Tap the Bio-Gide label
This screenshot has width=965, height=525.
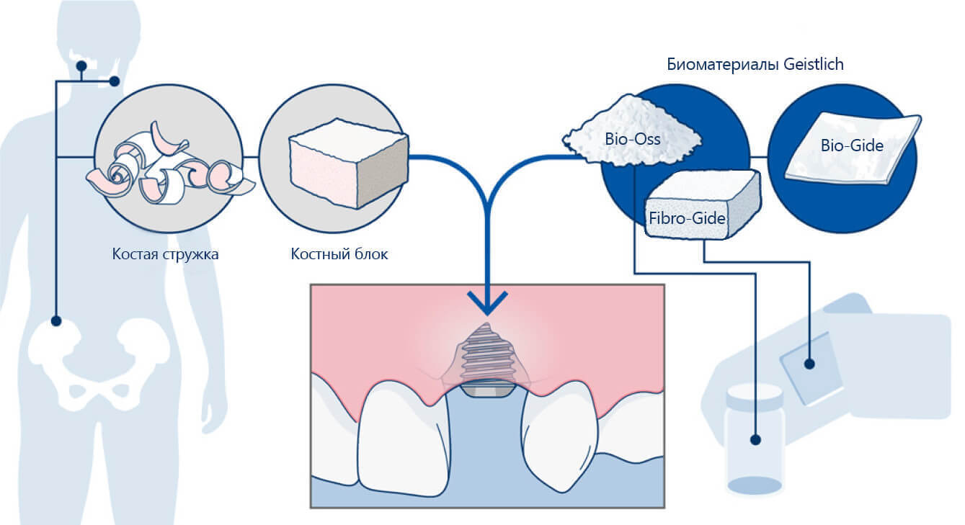coord(852,145)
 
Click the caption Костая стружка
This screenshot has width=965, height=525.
coord(165,254)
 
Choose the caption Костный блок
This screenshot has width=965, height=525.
coord(339,254)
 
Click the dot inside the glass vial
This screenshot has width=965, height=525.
coord(755,439)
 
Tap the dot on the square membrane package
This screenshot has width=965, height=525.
coord(809,364)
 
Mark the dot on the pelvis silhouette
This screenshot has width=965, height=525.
coord(56,321)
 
